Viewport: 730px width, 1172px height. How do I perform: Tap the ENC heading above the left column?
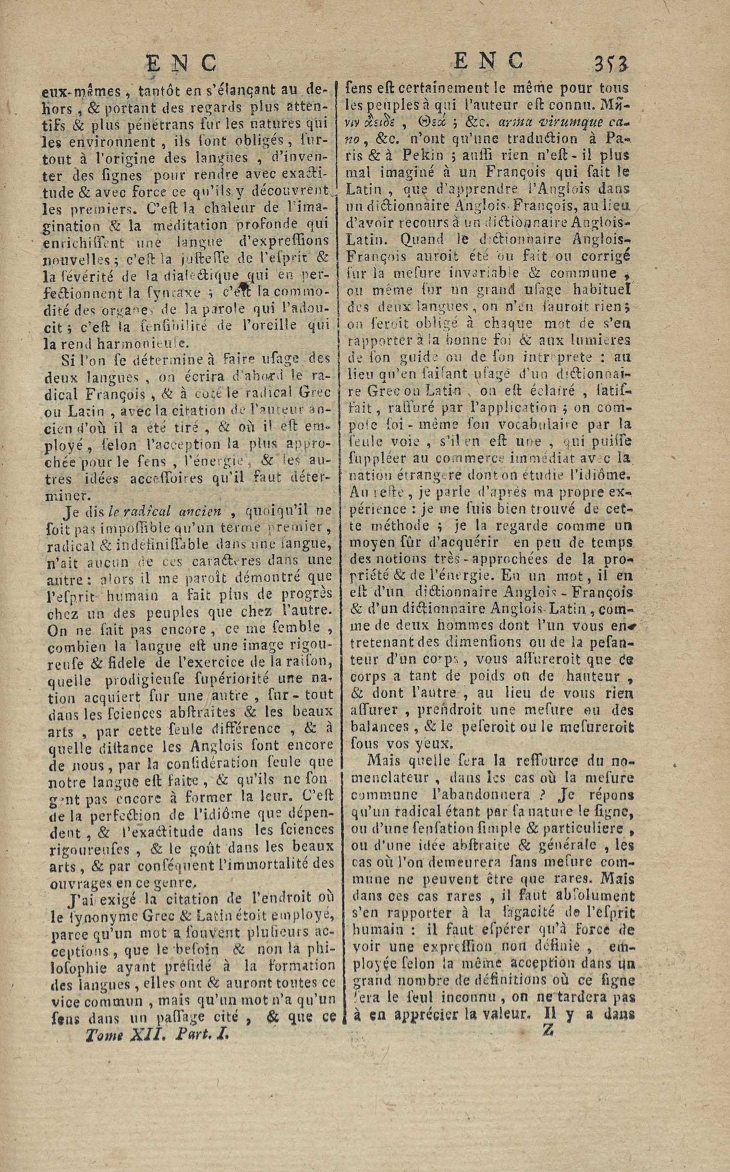181,63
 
